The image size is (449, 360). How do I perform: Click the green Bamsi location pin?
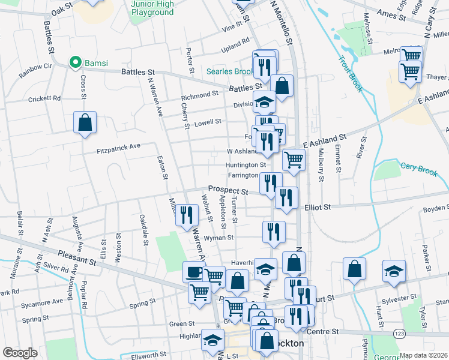(76, 62)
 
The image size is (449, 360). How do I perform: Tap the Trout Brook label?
(351, 74)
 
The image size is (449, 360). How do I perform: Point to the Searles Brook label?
(230, 71)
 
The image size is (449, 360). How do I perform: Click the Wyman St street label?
(218, 238)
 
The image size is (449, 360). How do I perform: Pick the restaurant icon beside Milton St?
(187, 215)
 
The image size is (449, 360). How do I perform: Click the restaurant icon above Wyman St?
(274, 231)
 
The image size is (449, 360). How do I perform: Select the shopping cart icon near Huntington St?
(293, 160)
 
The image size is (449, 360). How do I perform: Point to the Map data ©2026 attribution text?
(423, 355)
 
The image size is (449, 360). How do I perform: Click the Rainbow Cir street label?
(35, 71)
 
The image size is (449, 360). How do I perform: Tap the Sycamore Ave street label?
(41, 302)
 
